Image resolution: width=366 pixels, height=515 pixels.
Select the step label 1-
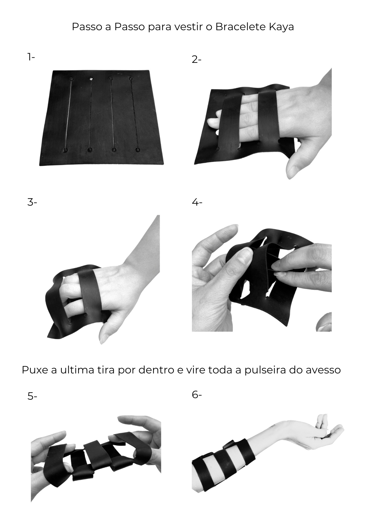[x=31, y=57]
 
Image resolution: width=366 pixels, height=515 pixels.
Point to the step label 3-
[x=32, y=202]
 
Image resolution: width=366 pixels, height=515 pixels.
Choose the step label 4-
[x=197, y=202]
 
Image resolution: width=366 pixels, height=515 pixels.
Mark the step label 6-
[x=197, y=394]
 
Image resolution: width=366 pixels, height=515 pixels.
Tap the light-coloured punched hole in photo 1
[x=91, y=79]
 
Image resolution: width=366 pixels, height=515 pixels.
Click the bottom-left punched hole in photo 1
[x=65, y=150]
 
